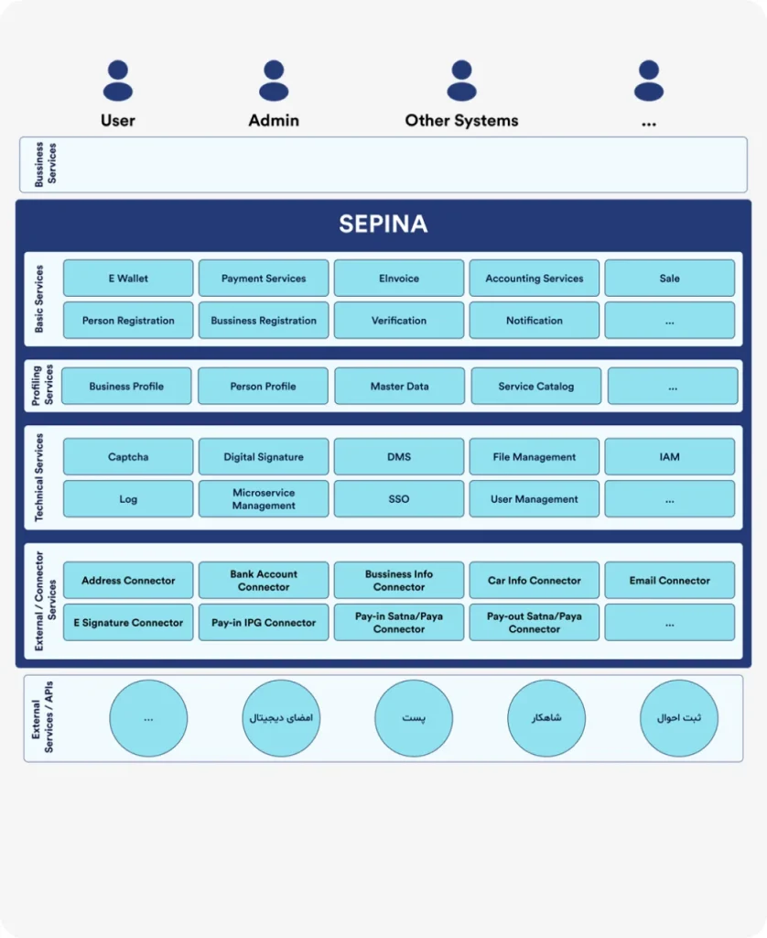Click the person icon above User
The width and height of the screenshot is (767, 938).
coord(118,81)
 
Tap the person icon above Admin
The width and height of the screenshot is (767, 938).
coord(274,81)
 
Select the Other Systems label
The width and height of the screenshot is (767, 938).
coord(461,120)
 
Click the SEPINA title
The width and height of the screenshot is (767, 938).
coord(383,224)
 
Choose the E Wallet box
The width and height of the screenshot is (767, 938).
coord(128,278)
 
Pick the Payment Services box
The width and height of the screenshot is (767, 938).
coord(264,278)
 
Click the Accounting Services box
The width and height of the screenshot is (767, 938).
coord(535,278)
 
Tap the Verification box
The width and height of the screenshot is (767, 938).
coord(399,321)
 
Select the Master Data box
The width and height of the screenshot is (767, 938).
coord(399,387)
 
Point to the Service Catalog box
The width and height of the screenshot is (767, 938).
coord(535,387)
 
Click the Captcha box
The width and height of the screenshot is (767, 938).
coord(128,457)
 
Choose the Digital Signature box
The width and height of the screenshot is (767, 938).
coord(264,457)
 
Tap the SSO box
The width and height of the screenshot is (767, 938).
coord(399,499)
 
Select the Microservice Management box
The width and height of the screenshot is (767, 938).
coord(264,499)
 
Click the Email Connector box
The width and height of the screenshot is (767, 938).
coord(670,581)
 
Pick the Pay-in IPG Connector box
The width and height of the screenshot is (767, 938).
coord(264,623)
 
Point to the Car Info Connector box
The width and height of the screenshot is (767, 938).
coord(535,581)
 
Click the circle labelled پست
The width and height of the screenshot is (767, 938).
coord(414,718)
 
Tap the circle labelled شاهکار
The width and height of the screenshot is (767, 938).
coord(546,718)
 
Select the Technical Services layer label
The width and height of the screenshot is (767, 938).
coord(39,477)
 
